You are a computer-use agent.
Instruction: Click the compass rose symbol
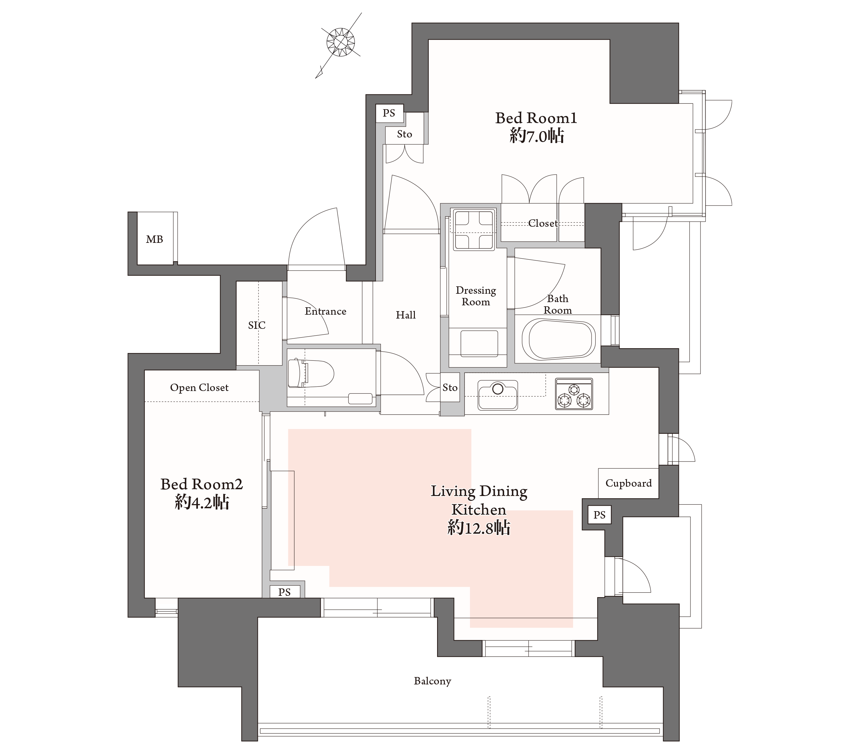(340, 43)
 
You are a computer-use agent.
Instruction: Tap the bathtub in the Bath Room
(558, 339)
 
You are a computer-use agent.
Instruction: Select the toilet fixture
(310, 373)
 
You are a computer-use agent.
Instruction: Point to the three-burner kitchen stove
(574, 394)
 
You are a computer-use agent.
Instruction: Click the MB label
(154, 239)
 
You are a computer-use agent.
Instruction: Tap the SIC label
(257, 325)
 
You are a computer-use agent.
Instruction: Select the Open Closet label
(200, 387)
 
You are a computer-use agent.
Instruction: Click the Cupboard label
(629, 483)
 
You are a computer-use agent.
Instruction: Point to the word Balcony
(433, 681)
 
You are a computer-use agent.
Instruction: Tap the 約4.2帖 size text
(202, 502)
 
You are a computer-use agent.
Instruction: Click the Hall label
(406, 315)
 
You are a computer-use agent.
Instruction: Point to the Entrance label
(326, 311)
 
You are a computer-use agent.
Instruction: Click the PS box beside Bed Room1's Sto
(389, 113)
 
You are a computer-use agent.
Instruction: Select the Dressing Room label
(476, 296)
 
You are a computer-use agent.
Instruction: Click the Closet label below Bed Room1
(543, 223)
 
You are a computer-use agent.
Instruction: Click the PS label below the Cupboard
(600, 515)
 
